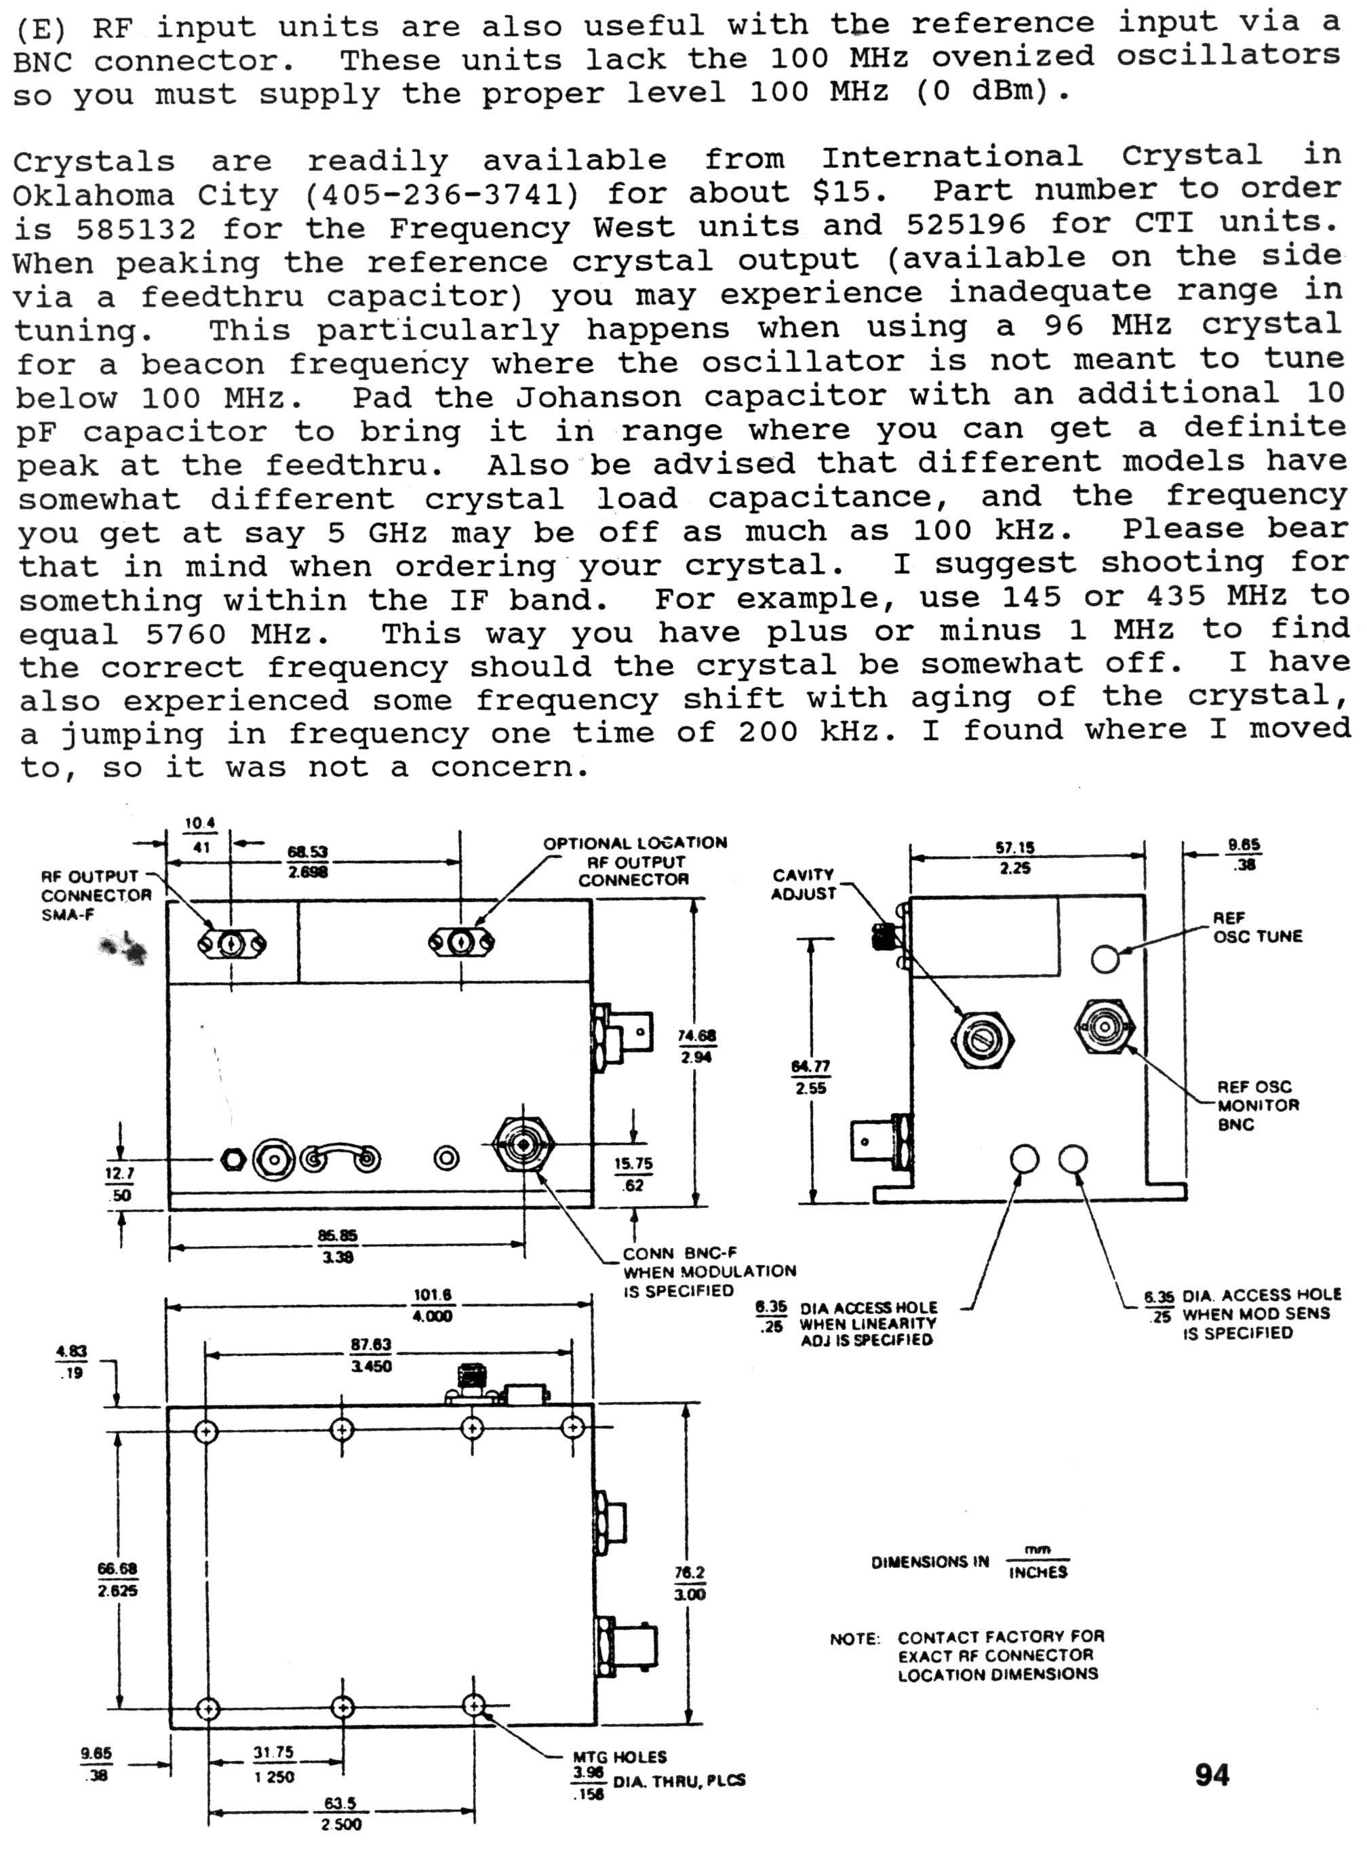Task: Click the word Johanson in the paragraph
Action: (x=598, y=397)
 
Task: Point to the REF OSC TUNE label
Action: (x=1257, y=927)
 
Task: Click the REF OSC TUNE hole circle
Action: (x=1105, y=958)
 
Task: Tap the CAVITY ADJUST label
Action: (x=804, y=884)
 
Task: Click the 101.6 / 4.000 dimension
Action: (x=432, y=1306)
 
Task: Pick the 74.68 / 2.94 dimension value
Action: (x=696, y=1046)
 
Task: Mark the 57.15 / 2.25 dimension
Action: (x=1014, y=857)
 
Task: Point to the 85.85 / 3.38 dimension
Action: (x=337, y=1245)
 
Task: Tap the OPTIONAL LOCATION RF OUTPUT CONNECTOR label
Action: (x=635, y=861)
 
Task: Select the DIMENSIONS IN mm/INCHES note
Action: (x=970, y=1562)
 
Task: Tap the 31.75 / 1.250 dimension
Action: (x=274, y=1765)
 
